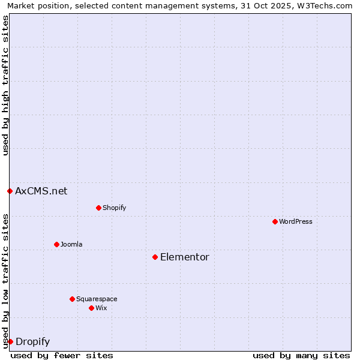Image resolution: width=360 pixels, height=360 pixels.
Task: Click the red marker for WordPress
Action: pyautogui.click(x=275, y=221)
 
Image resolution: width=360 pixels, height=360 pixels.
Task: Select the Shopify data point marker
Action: pyautogui.click(x=98, y=208)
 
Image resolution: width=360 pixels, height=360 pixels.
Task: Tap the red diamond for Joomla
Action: pyautogui.click(x=56, y=244)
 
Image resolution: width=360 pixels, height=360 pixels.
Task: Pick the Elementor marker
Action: pyautogui.click(x=155, y=257)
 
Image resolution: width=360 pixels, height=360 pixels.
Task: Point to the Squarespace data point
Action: pyautogui.click(x=72, y=299)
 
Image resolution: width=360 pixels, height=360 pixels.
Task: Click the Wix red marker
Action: pyautogui.click(x=91, y=308)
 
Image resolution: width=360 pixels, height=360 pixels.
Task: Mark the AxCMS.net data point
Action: pyautogui.click(x=10, y=191)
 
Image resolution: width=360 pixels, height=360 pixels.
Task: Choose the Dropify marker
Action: pyautogui.click(x=10, y=341)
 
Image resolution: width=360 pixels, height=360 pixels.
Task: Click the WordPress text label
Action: pyautogui.click(x=296, y=221)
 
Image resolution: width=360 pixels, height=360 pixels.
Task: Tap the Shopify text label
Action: pyautogui.click(x=114, y=208)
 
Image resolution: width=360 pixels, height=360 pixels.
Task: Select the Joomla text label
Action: pyautogui.click(x=71, y=244)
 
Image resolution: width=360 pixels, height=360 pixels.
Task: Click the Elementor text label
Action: pyautogui.click(x=185, y=257)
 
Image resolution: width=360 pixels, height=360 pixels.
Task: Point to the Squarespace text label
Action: pyautogui.click(x=97, y=299)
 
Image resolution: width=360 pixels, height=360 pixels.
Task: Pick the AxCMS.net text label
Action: pyautogui.click(x=41, y=191)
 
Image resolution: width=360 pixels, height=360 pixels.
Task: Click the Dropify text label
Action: pyautogui.click(x=33, y=341)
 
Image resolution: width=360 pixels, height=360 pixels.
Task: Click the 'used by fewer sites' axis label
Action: pyautogui.click(x=62, y=355)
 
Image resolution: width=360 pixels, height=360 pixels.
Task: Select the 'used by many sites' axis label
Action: pyautogui.click(x=301, y=355)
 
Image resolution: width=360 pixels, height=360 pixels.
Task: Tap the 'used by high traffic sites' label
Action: pyautogui.click(x=6, y=85)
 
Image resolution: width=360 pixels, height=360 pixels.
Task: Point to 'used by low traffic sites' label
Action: pyautogui.click(x=6, y=280)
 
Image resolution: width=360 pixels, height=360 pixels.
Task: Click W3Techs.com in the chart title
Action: pyautogui.click(x=326, y=5)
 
